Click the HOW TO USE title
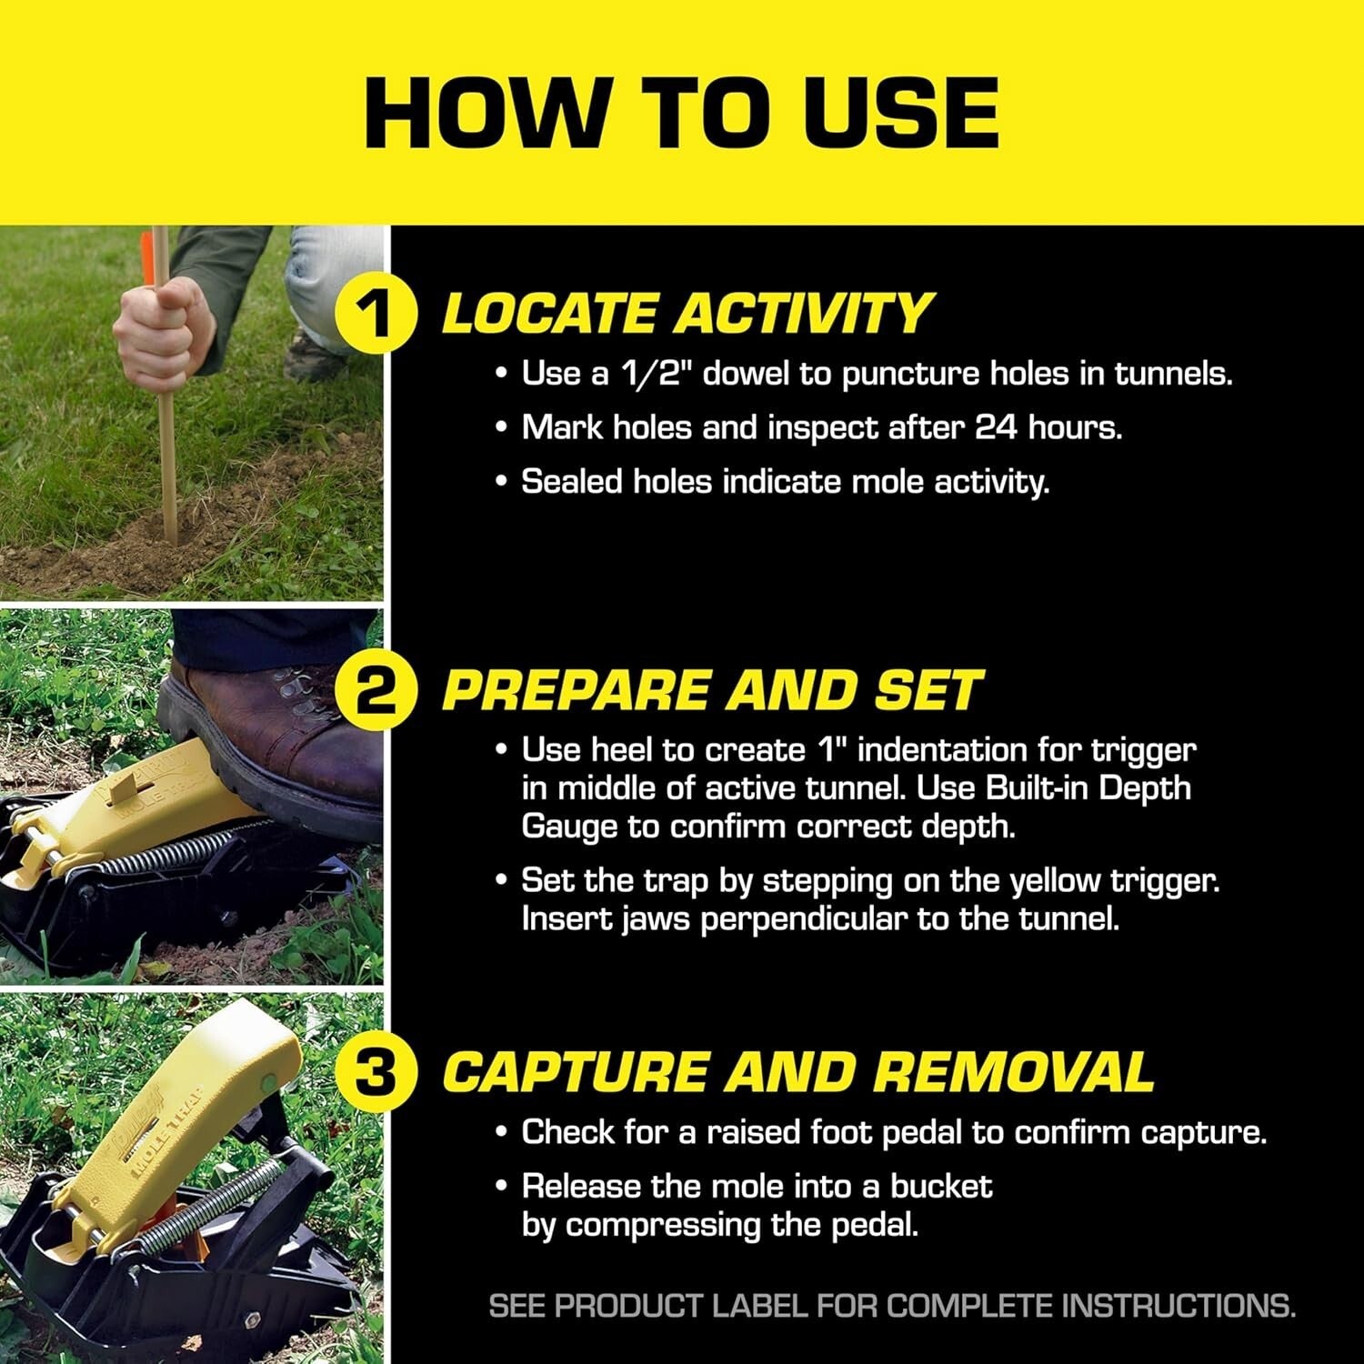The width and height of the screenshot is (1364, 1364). tap(682, 113)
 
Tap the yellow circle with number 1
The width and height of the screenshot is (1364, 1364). tap(376, 315)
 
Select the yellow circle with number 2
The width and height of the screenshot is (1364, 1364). tap(376, 692)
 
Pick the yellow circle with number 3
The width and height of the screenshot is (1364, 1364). tap(376, 1073)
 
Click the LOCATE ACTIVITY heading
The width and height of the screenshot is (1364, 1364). tap(687, 315)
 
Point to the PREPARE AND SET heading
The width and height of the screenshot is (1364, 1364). tap(711, 692)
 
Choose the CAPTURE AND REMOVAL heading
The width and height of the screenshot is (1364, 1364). tap(797, 1073)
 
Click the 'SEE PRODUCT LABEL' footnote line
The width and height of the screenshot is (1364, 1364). tap(891, 1307)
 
